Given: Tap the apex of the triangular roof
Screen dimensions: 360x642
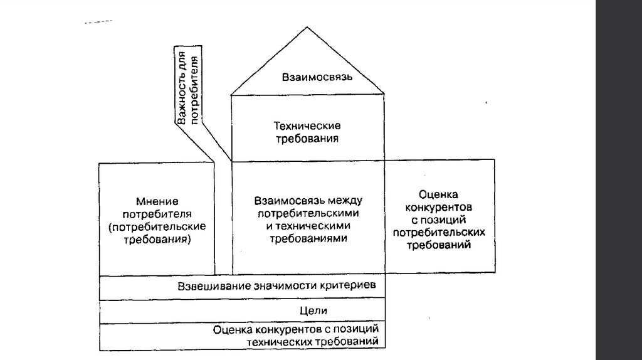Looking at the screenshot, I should (307, 27).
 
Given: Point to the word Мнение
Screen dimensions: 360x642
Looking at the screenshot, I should (157, 201).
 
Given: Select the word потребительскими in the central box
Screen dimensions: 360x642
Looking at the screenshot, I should (308, 213).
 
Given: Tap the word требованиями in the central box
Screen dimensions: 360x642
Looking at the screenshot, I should (308, 239).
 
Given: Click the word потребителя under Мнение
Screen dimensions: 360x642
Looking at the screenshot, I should (157, 214).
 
